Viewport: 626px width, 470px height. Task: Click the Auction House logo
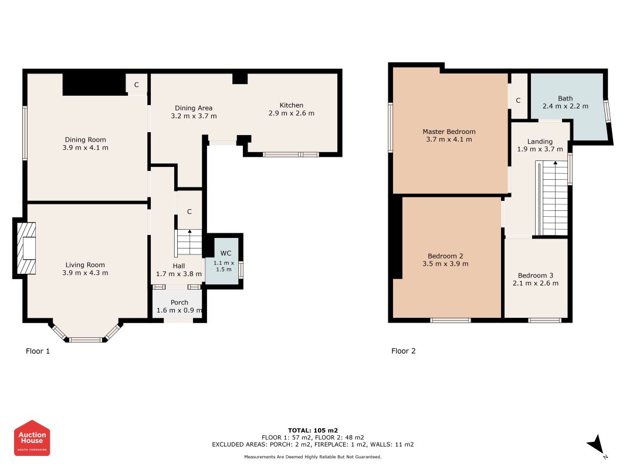32,438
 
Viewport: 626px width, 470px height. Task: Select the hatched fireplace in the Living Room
26,248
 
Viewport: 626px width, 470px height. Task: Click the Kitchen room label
292,105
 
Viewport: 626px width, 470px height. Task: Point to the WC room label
225,253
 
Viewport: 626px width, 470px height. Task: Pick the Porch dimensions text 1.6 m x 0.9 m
180,310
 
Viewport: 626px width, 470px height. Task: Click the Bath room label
566,98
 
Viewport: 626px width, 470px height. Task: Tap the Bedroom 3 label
536,276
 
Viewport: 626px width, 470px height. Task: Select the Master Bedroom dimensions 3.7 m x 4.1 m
449,139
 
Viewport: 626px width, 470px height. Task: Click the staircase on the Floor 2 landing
551,198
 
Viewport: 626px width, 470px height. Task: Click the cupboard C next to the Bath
518,100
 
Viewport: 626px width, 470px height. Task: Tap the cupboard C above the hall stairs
190,211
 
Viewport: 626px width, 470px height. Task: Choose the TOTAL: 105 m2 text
313,431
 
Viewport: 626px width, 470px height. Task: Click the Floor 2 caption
403,351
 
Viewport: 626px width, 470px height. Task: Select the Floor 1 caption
38,351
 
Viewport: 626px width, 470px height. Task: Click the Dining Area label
194,108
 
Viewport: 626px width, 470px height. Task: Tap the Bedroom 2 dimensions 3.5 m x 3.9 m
445,264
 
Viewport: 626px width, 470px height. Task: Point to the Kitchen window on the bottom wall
290,155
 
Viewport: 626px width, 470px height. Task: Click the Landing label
540,142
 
